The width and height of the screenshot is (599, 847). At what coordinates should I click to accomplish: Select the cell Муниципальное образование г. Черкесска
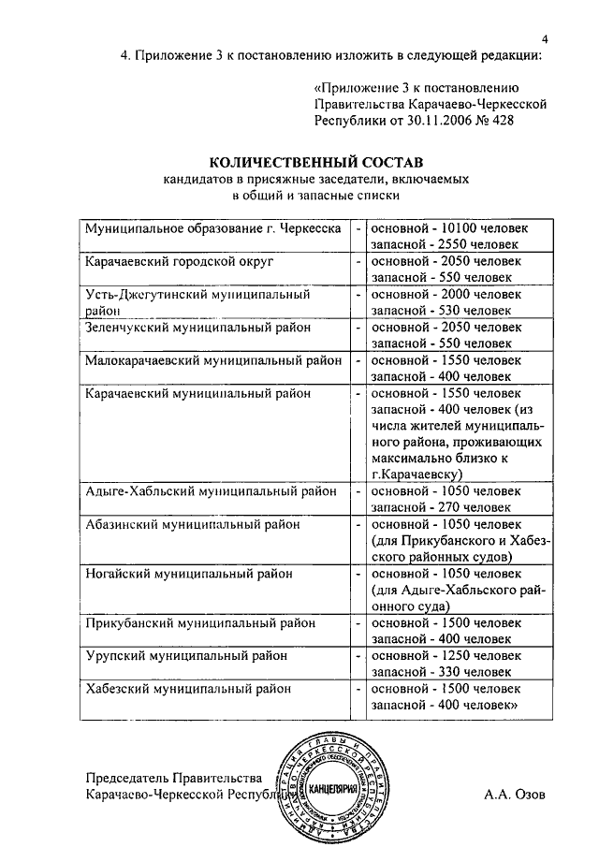pyautogui.click(x=212, y=227)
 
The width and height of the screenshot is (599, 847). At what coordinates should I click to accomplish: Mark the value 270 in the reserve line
pyautogui.click(x=446, y=507)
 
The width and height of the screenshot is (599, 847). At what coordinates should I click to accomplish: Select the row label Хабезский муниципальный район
pyautogui.click(x=188, y=689)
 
